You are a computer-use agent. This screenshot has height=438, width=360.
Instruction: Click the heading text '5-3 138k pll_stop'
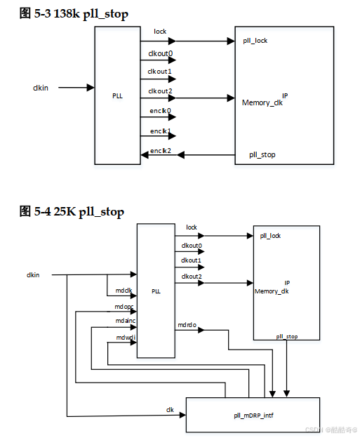[81, 14]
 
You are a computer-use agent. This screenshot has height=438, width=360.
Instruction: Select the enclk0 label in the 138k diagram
[159, 111]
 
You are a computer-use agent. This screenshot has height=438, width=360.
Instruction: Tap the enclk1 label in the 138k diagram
[159, 131]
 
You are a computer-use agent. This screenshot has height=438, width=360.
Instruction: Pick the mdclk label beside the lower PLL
[124, 290]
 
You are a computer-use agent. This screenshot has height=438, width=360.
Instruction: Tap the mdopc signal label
[124, 307]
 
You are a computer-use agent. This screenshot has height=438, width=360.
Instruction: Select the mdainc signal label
[126, 321]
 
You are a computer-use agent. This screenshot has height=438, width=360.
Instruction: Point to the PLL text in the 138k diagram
[117, 96]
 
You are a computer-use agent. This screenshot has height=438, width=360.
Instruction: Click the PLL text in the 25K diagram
[156, 291]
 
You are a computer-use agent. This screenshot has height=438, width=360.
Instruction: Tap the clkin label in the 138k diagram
[41, 88]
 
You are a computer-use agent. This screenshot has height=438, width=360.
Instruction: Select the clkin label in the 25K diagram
[33, 274]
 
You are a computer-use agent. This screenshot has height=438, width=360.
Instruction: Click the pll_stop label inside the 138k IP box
[262, 154]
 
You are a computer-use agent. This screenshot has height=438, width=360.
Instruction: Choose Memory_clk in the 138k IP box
[261, 102]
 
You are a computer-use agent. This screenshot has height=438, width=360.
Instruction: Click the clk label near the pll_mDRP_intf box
[170, 409]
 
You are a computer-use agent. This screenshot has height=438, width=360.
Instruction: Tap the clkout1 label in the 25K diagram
[192, 260]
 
